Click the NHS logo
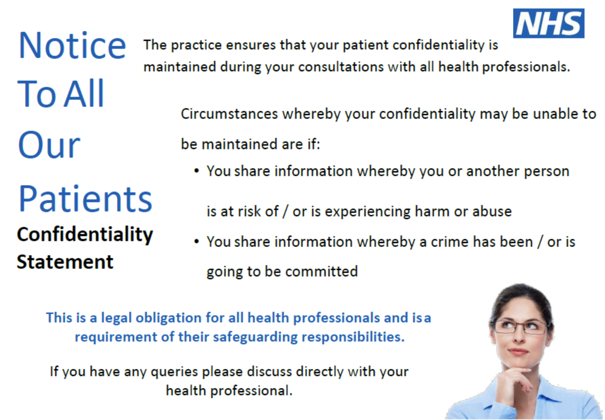(x=549, y=23)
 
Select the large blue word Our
(x=49, y=144)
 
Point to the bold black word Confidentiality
(x=85, y=235)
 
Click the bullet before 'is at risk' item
(x=196, y=171)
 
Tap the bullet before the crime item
(x=196, y=241)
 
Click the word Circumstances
(x=229, y=114)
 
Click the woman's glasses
(x=520, y=327)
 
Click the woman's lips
(x=518, y=351)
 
